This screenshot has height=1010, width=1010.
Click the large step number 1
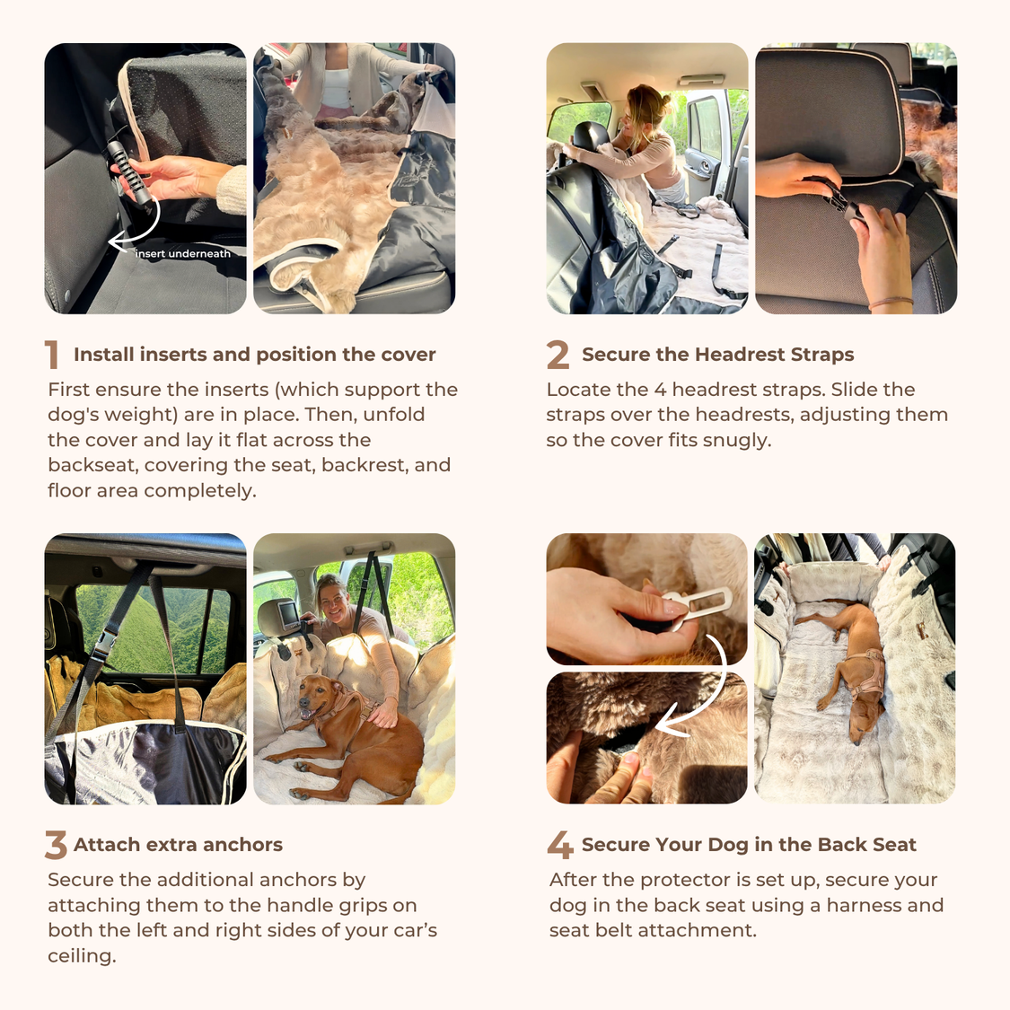tap(52, 355)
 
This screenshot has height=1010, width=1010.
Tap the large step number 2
tap(558, 355)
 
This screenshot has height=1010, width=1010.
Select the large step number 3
tap(56, 845)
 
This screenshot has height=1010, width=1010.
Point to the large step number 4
tap(560, 845)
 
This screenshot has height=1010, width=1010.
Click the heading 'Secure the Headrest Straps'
tap(717, 355)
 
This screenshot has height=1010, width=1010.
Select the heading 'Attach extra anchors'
tap(178, 845)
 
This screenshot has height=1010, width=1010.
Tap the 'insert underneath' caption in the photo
tap(183, 254)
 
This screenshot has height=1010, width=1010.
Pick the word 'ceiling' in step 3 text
tap(81, 956)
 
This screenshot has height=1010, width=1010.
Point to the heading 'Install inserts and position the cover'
tap(254, 355)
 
